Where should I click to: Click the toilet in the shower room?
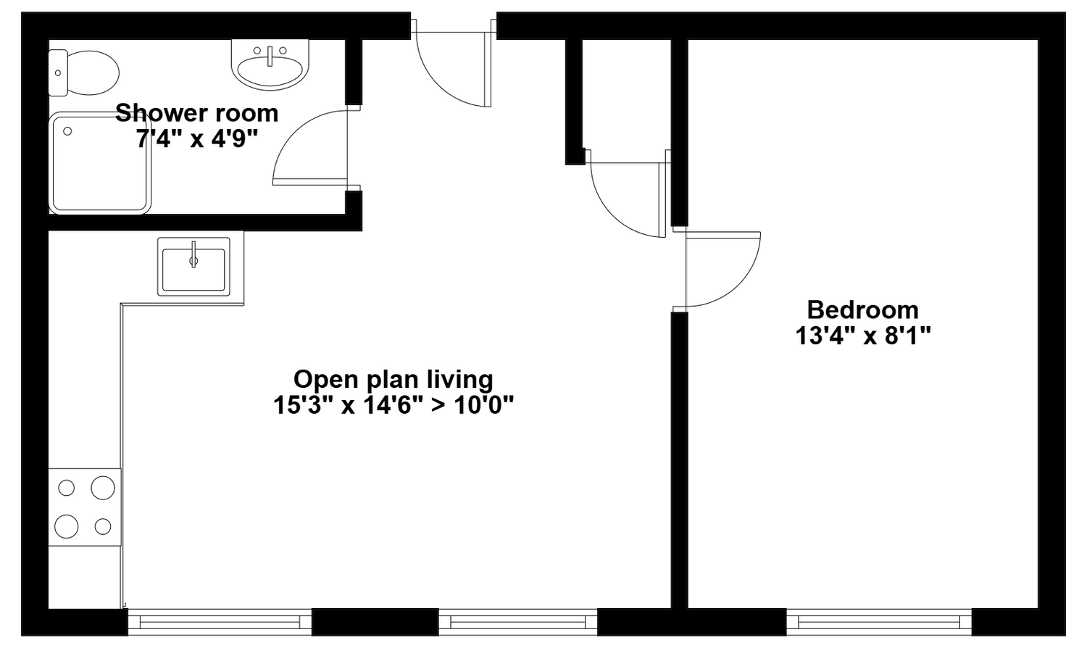tap(83, 72)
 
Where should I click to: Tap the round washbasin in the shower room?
tap(270, 64)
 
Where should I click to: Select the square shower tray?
tap(100, 163)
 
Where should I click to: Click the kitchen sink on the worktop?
tap(193, 267)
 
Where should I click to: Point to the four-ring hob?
tap(85, 507)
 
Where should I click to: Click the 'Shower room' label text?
tap(197, 113)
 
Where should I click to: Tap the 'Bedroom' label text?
tap(863, 310)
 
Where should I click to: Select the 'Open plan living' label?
tap(393, 380)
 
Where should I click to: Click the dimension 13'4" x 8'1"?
tap(863, 336)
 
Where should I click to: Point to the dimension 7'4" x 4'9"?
tap(196, 140)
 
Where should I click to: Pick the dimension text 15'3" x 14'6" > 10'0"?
tap(393, 405)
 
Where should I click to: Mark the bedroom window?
tap(879, 622)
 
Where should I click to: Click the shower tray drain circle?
tap(67, 131)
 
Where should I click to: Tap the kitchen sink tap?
tap(193, 254)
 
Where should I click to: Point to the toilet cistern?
tap(58, 72)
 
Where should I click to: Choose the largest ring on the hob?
tap(103, 488)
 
